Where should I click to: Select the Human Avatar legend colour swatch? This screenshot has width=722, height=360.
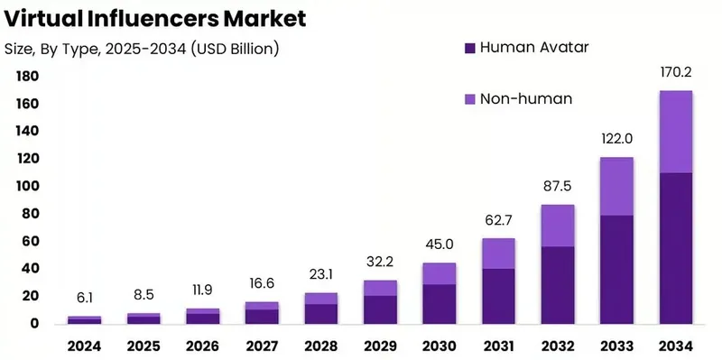(468, 47)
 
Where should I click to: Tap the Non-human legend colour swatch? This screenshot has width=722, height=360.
(468, 98)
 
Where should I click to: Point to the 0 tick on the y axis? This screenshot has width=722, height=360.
(34, 323)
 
